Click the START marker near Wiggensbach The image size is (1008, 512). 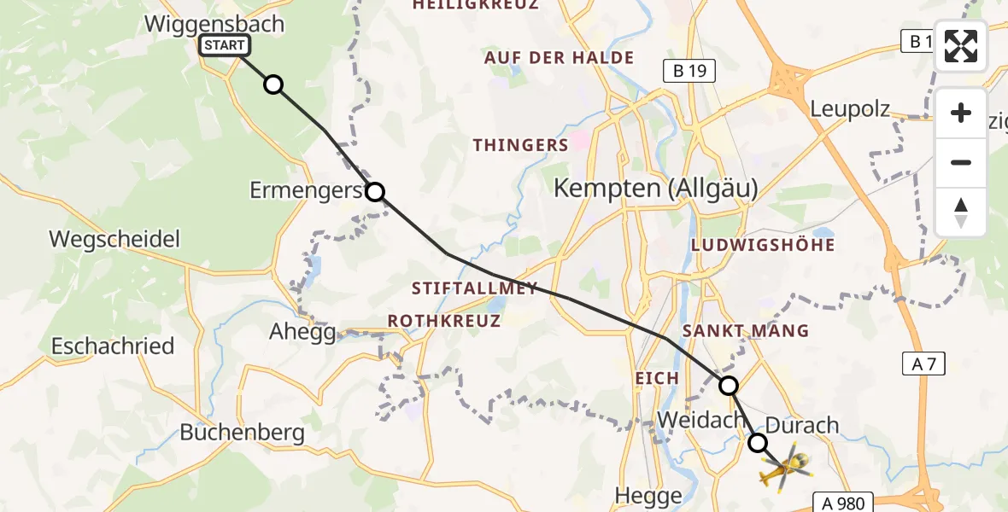click(x=225, y=45)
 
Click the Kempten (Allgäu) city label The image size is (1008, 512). click(x=655, y=189)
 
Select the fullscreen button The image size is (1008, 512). click(x=961, y=46)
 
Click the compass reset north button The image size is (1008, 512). click(x=961, y=212)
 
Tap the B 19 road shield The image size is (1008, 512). click(x=689, y=71)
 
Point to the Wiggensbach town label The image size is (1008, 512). click(x=214, y=23)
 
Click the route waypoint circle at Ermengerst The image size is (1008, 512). click(x=375, y=192)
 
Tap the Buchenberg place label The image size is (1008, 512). click(x=242, y=433)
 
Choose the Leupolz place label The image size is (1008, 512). click(x=849, y=109)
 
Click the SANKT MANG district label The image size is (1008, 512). click(x=745, y=331)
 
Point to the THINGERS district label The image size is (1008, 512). click(x=521, y=145)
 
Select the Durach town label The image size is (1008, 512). click(x=803, y=425)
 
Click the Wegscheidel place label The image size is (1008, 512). click(x=114, y=239)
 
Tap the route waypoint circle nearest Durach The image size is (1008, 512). click(x=758, y=443)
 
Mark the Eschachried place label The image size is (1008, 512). click(x=113, y=346)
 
